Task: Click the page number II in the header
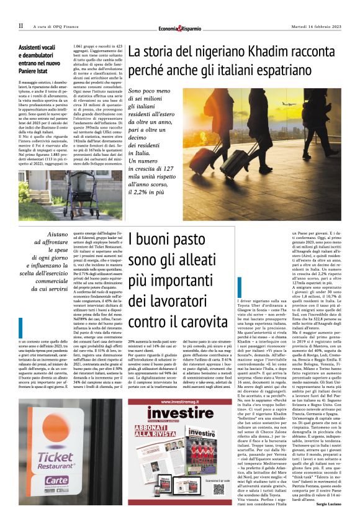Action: pyautogui.click(x=20, y=25)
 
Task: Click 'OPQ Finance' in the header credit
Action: pyautogui.click(x=72, y=26)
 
